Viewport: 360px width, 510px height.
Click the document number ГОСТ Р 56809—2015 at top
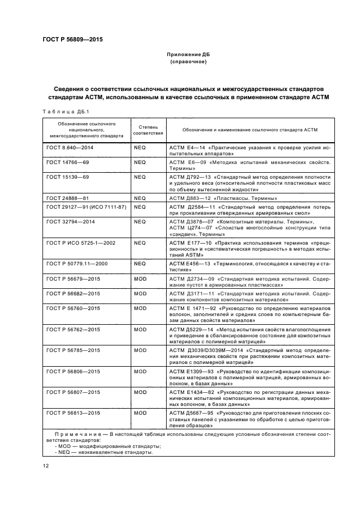[73, 40]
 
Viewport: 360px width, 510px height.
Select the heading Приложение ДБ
[188, 55]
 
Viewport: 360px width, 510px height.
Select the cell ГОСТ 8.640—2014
[70, 148]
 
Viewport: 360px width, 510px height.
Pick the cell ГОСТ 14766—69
[68, 162]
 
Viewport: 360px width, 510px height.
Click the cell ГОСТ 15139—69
[68, 177]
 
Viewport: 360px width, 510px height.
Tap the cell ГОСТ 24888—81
[68, 198]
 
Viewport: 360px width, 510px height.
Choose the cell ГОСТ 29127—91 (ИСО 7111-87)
[87, 207]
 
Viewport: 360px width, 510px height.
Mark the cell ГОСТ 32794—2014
[70, 222]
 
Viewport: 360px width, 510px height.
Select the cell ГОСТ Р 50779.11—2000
[77, 264]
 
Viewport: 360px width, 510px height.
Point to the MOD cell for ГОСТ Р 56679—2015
[140, 278]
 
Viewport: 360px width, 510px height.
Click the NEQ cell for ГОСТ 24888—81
[140, 198]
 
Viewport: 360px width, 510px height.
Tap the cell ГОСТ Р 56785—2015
[74, 350]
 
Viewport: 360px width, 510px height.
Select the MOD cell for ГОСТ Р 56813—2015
[140, 413]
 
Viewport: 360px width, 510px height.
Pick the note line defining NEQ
[104, 452]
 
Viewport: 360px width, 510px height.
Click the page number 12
[46, 465]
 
